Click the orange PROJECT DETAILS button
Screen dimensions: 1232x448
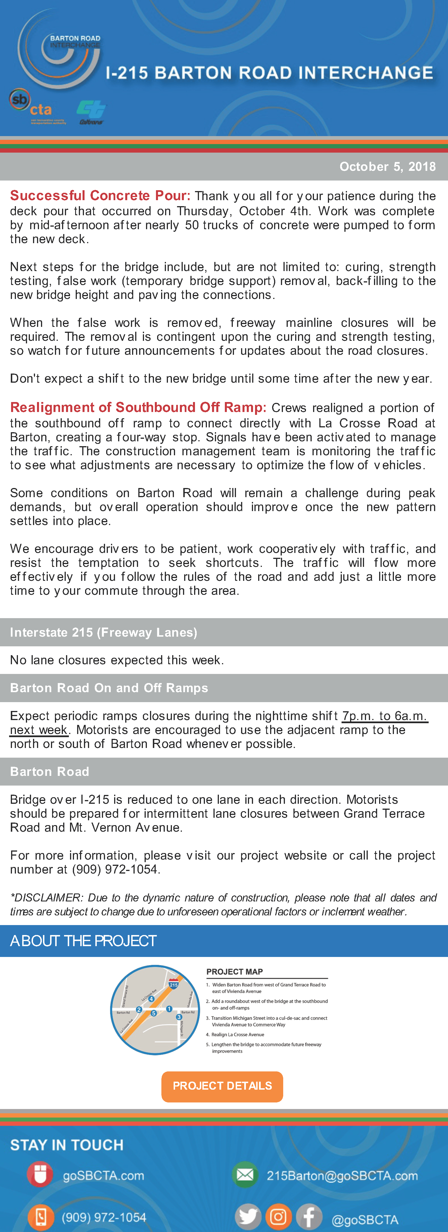222,1086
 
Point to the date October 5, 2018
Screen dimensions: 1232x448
387,167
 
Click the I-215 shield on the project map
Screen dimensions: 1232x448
174,984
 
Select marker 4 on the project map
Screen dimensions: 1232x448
151,999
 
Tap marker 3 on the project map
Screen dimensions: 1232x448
179,1017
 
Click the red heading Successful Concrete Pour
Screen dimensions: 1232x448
100,196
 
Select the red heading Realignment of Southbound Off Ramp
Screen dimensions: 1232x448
138,407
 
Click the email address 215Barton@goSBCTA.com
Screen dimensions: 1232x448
342,1176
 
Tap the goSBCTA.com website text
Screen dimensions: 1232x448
103,1176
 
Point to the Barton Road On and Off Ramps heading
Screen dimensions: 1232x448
109,688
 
